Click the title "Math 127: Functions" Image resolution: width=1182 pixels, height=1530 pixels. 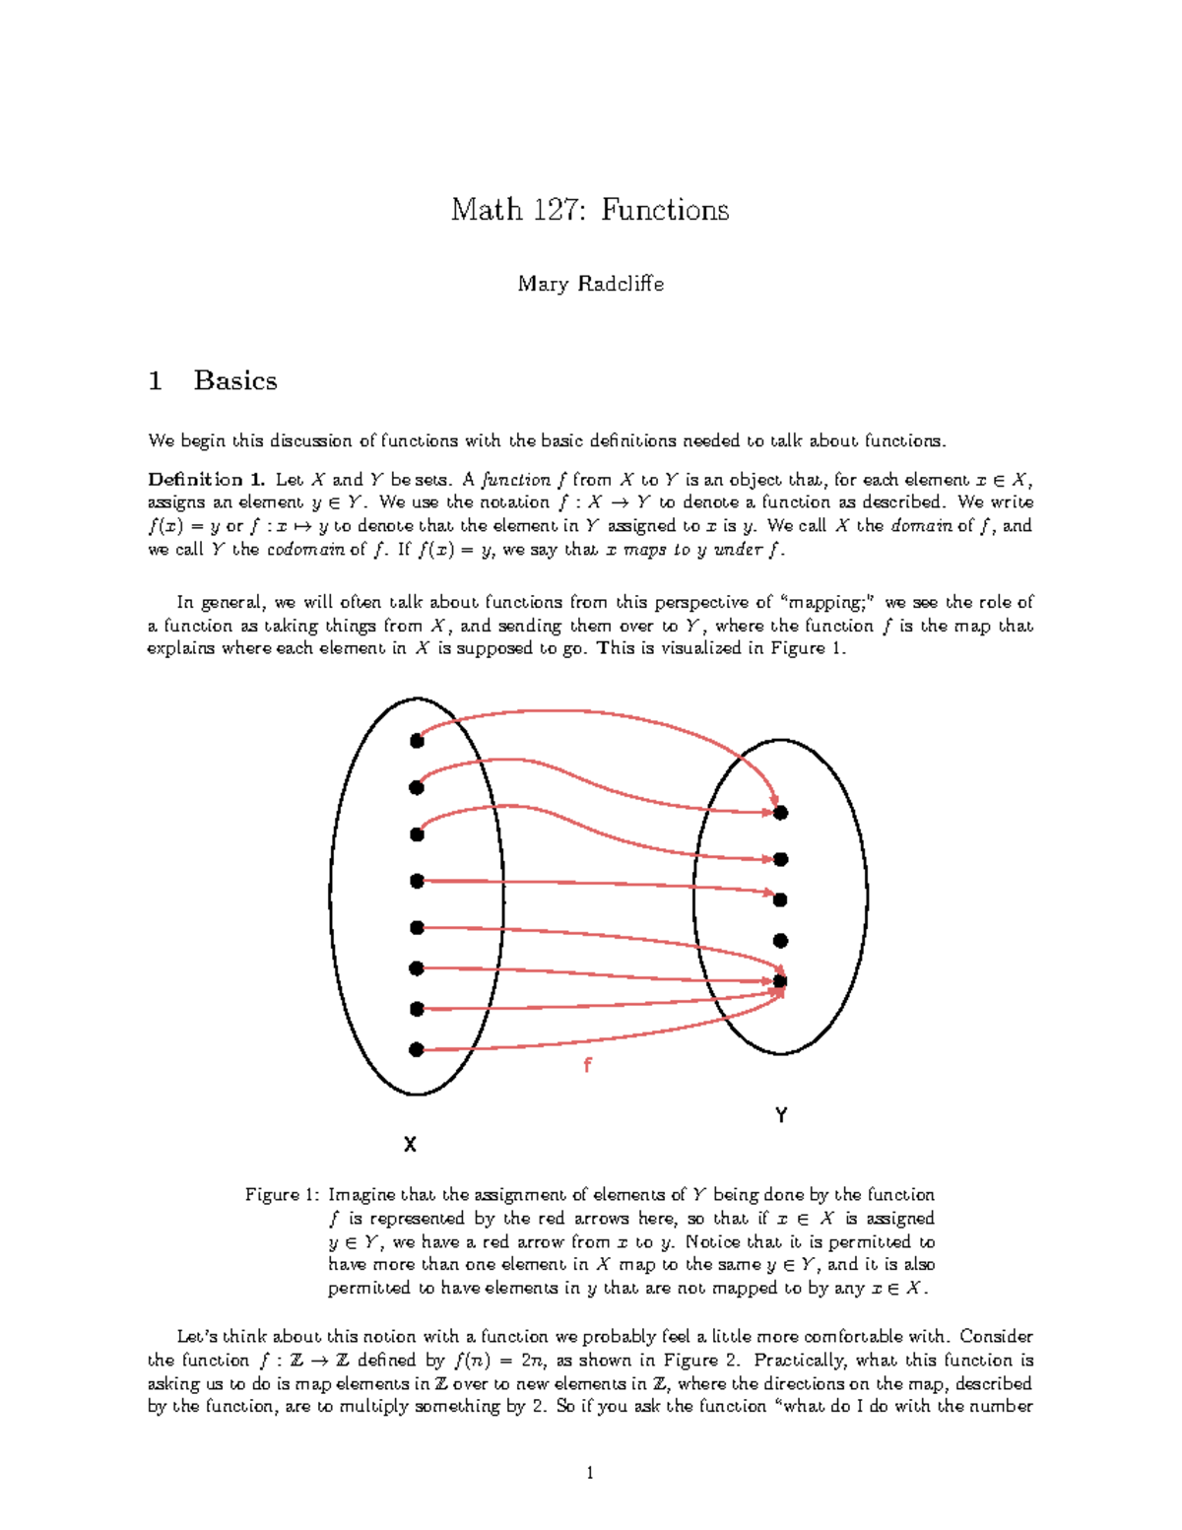tap(590, 210)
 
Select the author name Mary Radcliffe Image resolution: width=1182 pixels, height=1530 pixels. tap(590, 284)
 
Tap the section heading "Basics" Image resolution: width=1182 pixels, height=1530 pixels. tap(235, 380)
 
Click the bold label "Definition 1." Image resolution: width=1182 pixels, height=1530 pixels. tap(206, 480)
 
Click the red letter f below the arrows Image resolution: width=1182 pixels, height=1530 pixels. tap(587, 1065)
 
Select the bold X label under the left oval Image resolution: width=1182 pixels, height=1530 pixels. tap(410, 1144)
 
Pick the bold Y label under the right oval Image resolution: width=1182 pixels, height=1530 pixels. tap(781, 1115)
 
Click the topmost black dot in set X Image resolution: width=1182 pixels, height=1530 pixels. tap(417, 741)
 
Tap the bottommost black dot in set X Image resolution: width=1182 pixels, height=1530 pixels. tap(417, 1050)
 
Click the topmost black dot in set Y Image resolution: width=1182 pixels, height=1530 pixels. tap(781, 813)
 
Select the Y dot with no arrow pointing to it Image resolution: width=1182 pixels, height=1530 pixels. tap(781, 941)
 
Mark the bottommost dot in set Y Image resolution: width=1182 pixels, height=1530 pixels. tap(781, 981)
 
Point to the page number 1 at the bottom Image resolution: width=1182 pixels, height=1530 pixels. tap(590, 1473)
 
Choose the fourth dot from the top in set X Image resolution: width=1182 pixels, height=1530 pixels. tap(417, 881)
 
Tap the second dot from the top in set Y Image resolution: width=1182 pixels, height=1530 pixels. tap(781, 859)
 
